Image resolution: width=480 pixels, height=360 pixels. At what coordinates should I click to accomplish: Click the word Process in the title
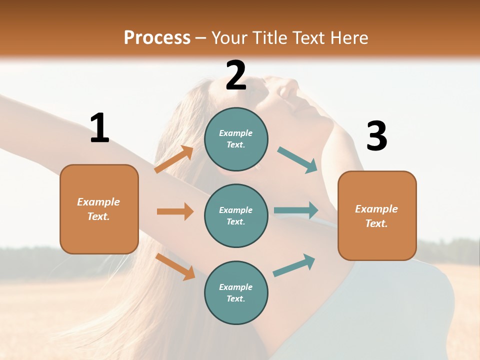(x=157, y=38)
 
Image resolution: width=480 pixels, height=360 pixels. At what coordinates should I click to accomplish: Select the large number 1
(x=99, y=128)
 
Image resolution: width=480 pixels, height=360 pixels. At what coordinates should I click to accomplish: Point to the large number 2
(x=236, y=75)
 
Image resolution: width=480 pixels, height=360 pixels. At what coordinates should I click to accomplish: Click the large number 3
(x=376, y=136)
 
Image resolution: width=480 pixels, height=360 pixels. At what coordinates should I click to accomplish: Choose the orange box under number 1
(x=99, y=209)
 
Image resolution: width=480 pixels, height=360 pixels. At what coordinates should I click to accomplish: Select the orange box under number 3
(x=377, y=216)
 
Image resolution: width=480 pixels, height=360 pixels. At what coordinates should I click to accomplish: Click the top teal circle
(x=236, y=139)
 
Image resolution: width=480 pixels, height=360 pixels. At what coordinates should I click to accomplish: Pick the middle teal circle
(x=236, y=216)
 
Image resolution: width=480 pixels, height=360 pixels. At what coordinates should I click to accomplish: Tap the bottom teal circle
(x=236, y=293)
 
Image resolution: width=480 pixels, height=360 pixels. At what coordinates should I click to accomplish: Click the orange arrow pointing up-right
(x=174, y=159)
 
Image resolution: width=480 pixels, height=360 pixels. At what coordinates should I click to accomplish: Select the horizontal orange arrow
(x=175, y=211)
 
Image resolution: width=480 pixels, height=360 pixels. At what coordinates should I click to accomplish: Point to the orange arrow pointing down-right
(x=175, y=266)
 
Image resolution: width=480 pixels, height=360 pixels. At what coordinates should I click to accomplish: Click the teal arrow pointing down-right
(x=297, y=160)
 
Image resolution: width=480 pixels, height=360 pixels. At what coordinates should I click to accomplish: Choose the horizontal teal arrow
(x=296, y=210)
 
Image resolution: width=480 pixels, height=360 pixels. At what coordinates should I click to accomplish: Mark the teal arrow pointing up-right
(x=294, y=265)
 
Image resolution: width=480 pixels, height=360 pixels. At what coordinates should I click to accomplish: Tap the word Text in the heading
(x=308, y=38)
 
